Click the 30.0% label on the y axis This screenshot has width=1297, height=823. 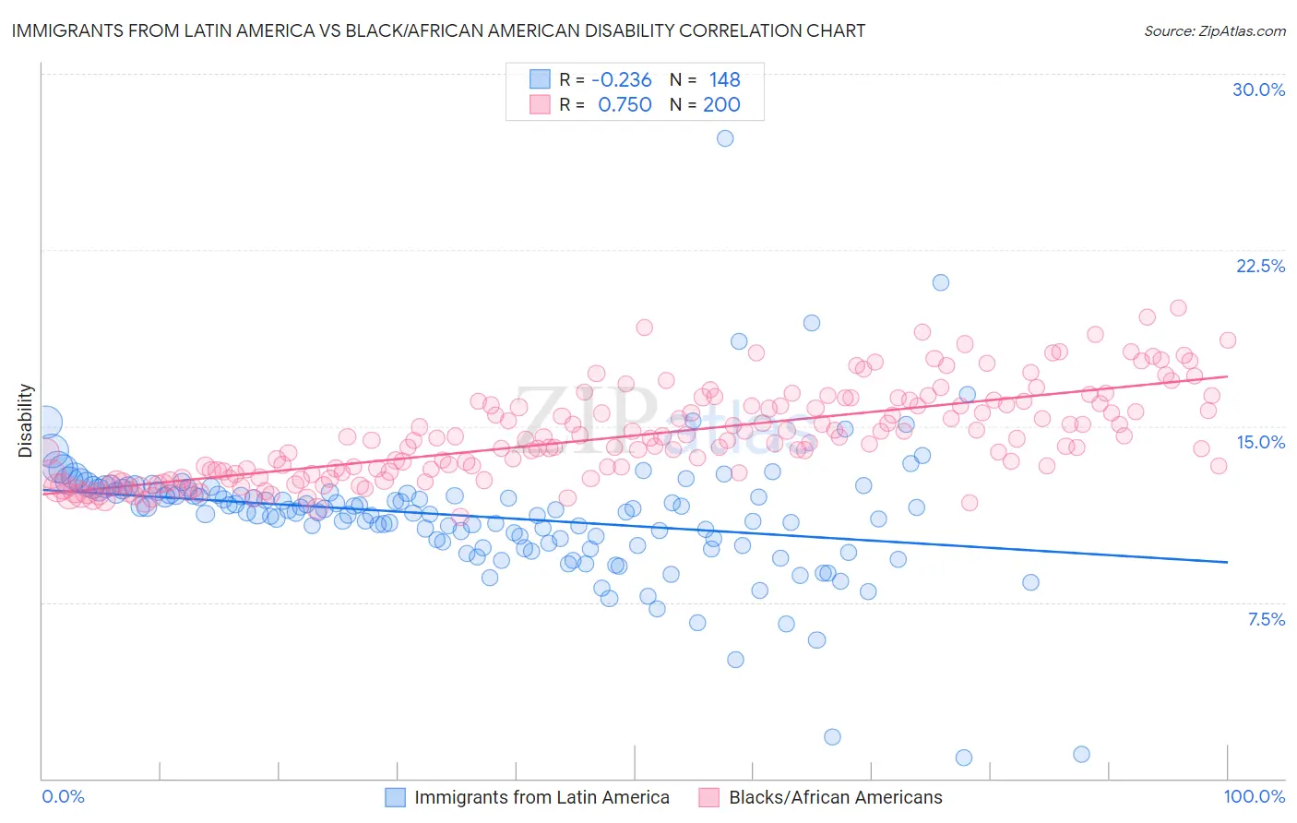[x=1258, y=89]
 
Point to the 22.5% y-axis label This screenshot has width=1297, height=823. [x=1260, y=266]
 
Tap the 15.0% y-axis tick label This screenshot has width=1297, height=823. [x=1260, y=442]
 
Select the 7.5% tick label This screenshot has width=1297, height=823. [x=1266, y=619]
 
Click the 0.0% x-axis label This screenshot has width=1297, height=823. [x=63, y=796]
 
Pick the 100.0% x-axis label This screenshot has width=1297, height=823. [x=1254, y=796]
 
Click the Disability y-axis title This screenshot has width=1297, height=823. [x=26, y=421]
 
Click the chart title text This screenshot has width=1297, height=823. [x=438, y=30]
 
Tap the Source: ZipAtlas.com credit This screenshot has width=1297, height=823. [x=1214, y=30]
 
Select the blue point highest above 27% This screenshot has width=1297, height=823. [x=725, y=138]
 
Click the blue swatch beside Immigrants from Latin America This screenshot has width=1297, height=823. [x=396, y=797]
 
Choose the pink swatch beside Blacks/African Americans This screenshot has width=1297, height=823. [x=708, y=797]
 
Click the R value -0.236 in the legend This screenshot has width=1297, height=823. [x=623, y=80]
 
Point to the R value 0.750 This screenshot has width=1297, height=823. [x=625, y=105]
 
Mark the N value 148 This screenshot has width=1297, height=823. [x=724, y=80]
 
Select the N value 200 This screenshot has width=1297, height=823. [x=721, y=105]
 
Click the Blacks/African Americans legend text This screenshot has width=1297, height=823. [x=836, y=797]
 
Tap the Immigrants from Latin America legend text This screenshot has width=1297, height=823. [x=541, y=797]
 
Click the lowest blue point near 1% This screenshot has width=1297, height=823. [x=964, y=757]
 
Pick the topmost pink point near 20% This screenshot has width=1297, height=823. [x=1178, y=308]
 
